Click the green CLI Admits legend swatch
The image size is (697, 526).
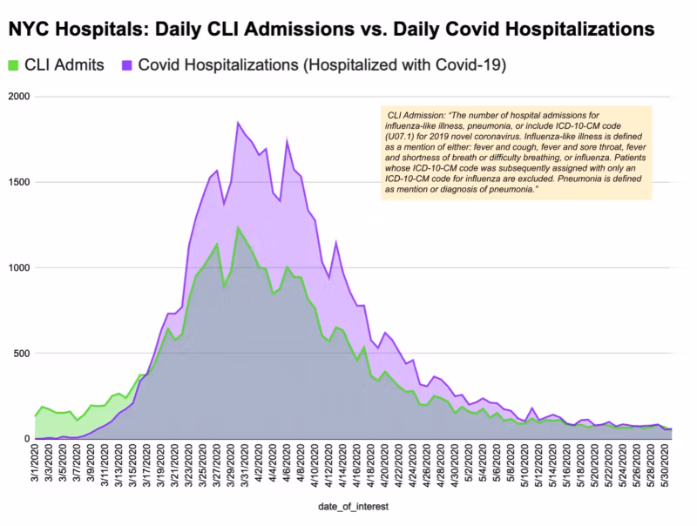click(x=13, y=64)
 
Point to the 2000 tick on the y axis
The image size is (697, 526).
click(x=17, y=97)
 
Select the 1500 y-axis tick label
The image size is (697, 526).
click(x=17, y=182)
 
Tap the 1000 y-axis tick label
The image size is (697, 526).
click(x=17, y=267)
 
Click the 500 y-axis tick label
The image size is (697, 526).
click(x=20, y=353)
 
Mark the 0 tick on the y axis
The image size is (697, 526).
click(x=25, y=438)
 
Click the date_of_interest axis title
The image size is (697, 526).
click(x=352, y=507)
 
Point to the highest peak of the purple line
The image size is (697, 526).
click(x=239, y=123)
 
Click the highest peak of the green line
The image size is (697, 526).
click(x=239, y=228)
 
